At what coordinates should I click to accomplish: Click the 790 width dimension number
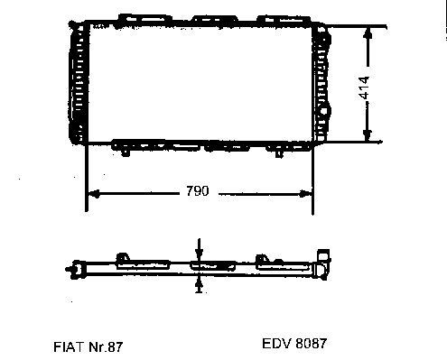pyautogui.click(x=198, y=191)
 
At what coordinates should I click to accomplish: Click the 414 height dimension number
pyautogui.click(x=364, y=88)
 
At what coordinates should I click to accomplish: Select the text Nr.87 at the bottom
pyautogui.click(x=106, y=346)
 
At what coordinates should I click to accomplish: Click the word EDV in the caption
pyautogui.click(x=276, y=344)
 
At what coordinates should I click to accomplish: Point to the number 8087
pyautogui.click(x=312, y=344)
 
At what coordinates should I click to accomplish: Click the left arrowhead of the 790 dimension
pyautogui.click(x=94, y=194)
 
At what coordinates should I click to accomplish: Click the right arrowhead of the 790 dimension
pyautogui.click(x=305, y=194)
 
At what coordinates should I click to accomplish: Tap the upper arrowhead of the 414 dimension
pyautogui.click(x=368, y=33)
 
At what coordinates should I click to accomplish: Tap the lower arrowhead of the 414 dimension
pyautogui.click(x=367, y=135)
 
